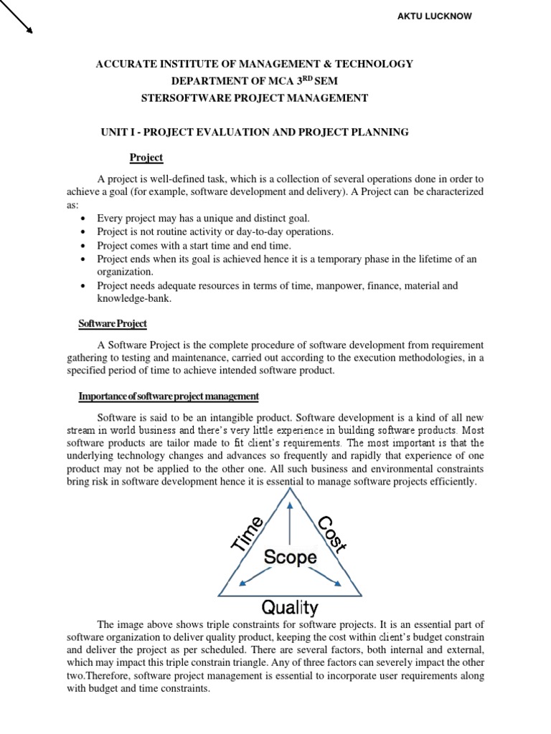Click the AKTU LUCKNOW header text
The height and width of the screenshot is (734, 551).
click(x=435, y=16)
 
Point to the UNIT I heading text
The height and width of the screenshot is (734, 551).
click(x=119, y=132)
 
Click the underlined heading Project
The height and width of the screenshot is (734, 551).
click(x=146, y=158)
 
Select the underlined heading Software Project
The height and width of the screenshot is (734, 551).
click(x=113, y=323)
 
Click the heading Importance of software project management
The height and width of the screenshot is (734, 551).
click(x=169, y=396)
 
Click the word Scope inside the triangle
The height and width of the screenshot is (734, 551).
click(x=291, y=557)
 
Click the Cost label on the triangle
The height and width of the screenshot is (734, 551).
click(x=332, y=534)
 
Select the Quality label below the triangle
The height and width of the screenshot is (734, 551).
click(x=290, y=609)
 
